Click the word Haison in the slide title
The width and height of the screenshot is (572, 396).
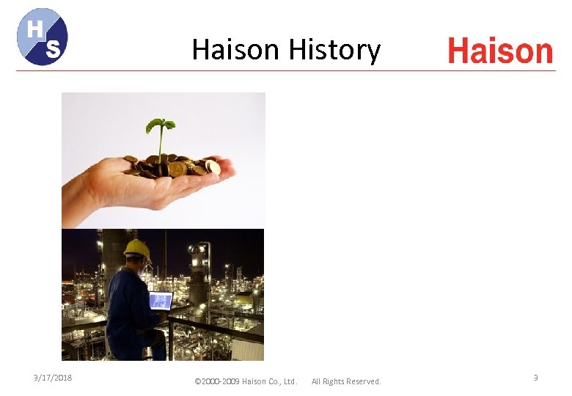click(x=235, y=51)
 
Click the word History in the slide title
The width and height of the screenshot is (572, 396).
click(x=334, y=51)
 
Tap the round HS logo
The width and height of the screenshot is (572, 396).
click(x=43, y=37)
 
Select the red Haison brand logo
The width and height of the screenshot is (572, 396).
click(x=499, y=51)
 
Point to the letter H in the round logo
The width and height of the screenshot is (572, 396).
click(x=34, y=28)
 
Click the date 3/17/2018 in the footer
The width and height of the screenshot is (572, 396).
click(x=54, y=378)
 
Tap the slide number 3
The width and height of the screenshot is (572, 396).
click(x=535, y=378)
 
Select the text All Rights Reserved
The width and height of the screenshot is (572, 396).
click(x=346, y=381)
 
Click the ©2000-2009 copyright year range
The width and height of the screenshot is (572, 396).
click(x=218, y=381)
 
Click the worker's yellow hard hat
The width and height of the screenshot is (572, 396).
click(x=136, y=249)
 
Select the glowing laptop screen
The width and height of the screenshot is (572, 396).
click(x=161, y=300)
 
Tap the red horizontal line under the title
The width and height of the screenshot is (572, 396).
click(x=286, y=70)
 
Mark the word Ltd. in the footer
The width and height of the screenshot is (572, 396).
click(x=290, y=381)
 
